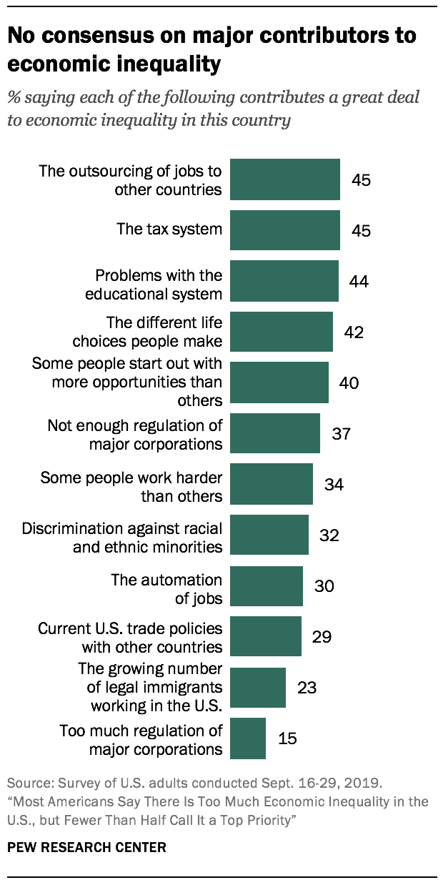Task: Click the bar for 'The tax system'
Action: (285, 230)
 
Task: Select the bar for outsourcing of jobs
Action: (285, 179)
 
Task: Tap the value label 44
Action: (358, 282)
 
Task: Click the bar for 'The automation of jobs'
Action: (267, 586)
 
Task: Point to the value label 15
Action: (287, 738)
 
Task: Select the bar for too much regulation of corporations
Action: (248, 738)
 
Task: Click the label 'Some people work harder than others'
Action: (131, 486)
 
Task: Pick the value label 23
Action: (307, 688)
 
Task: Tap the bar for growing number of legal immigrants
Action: (258, 688)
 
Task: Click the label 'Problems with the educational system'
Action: (159, 284)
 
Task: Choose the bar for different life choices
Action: (282, 332)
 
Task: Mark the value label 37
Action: (341, 433)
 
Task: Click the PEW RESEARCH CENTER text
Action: (86, 848)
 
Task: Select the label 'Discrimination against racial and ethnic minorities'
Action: (121, 537)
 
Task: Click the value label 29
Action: (322, 636)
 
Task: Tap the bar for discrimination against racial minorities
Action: (269, 535)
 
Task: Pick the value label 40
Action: (349, 382)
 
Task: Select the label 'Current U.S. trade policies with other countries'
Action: (129, 638)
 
